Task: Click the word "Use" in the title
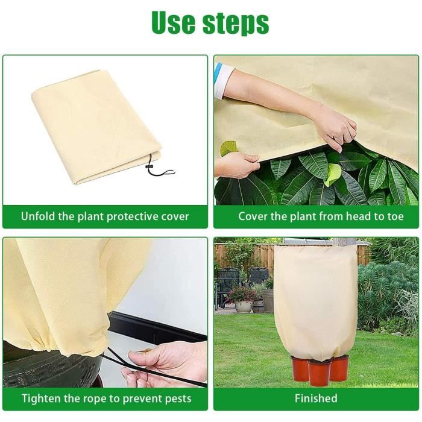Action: (174, 23)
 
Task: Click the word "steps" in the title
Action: (236, 24)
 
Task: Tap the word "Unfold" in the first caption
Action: (38, 216)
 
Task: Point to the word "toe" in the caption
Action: (395, 216)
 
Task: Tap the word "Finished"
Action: (316, 398)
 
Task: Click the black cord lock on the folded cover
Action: (149, 168)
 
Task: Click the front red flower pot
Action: (319, 372)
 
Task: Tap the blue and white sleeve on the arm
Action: (222, 80)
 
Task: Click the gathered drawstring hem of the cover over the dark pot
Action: (54, 347)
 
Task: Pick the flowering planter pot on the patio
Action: (244, 306)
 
